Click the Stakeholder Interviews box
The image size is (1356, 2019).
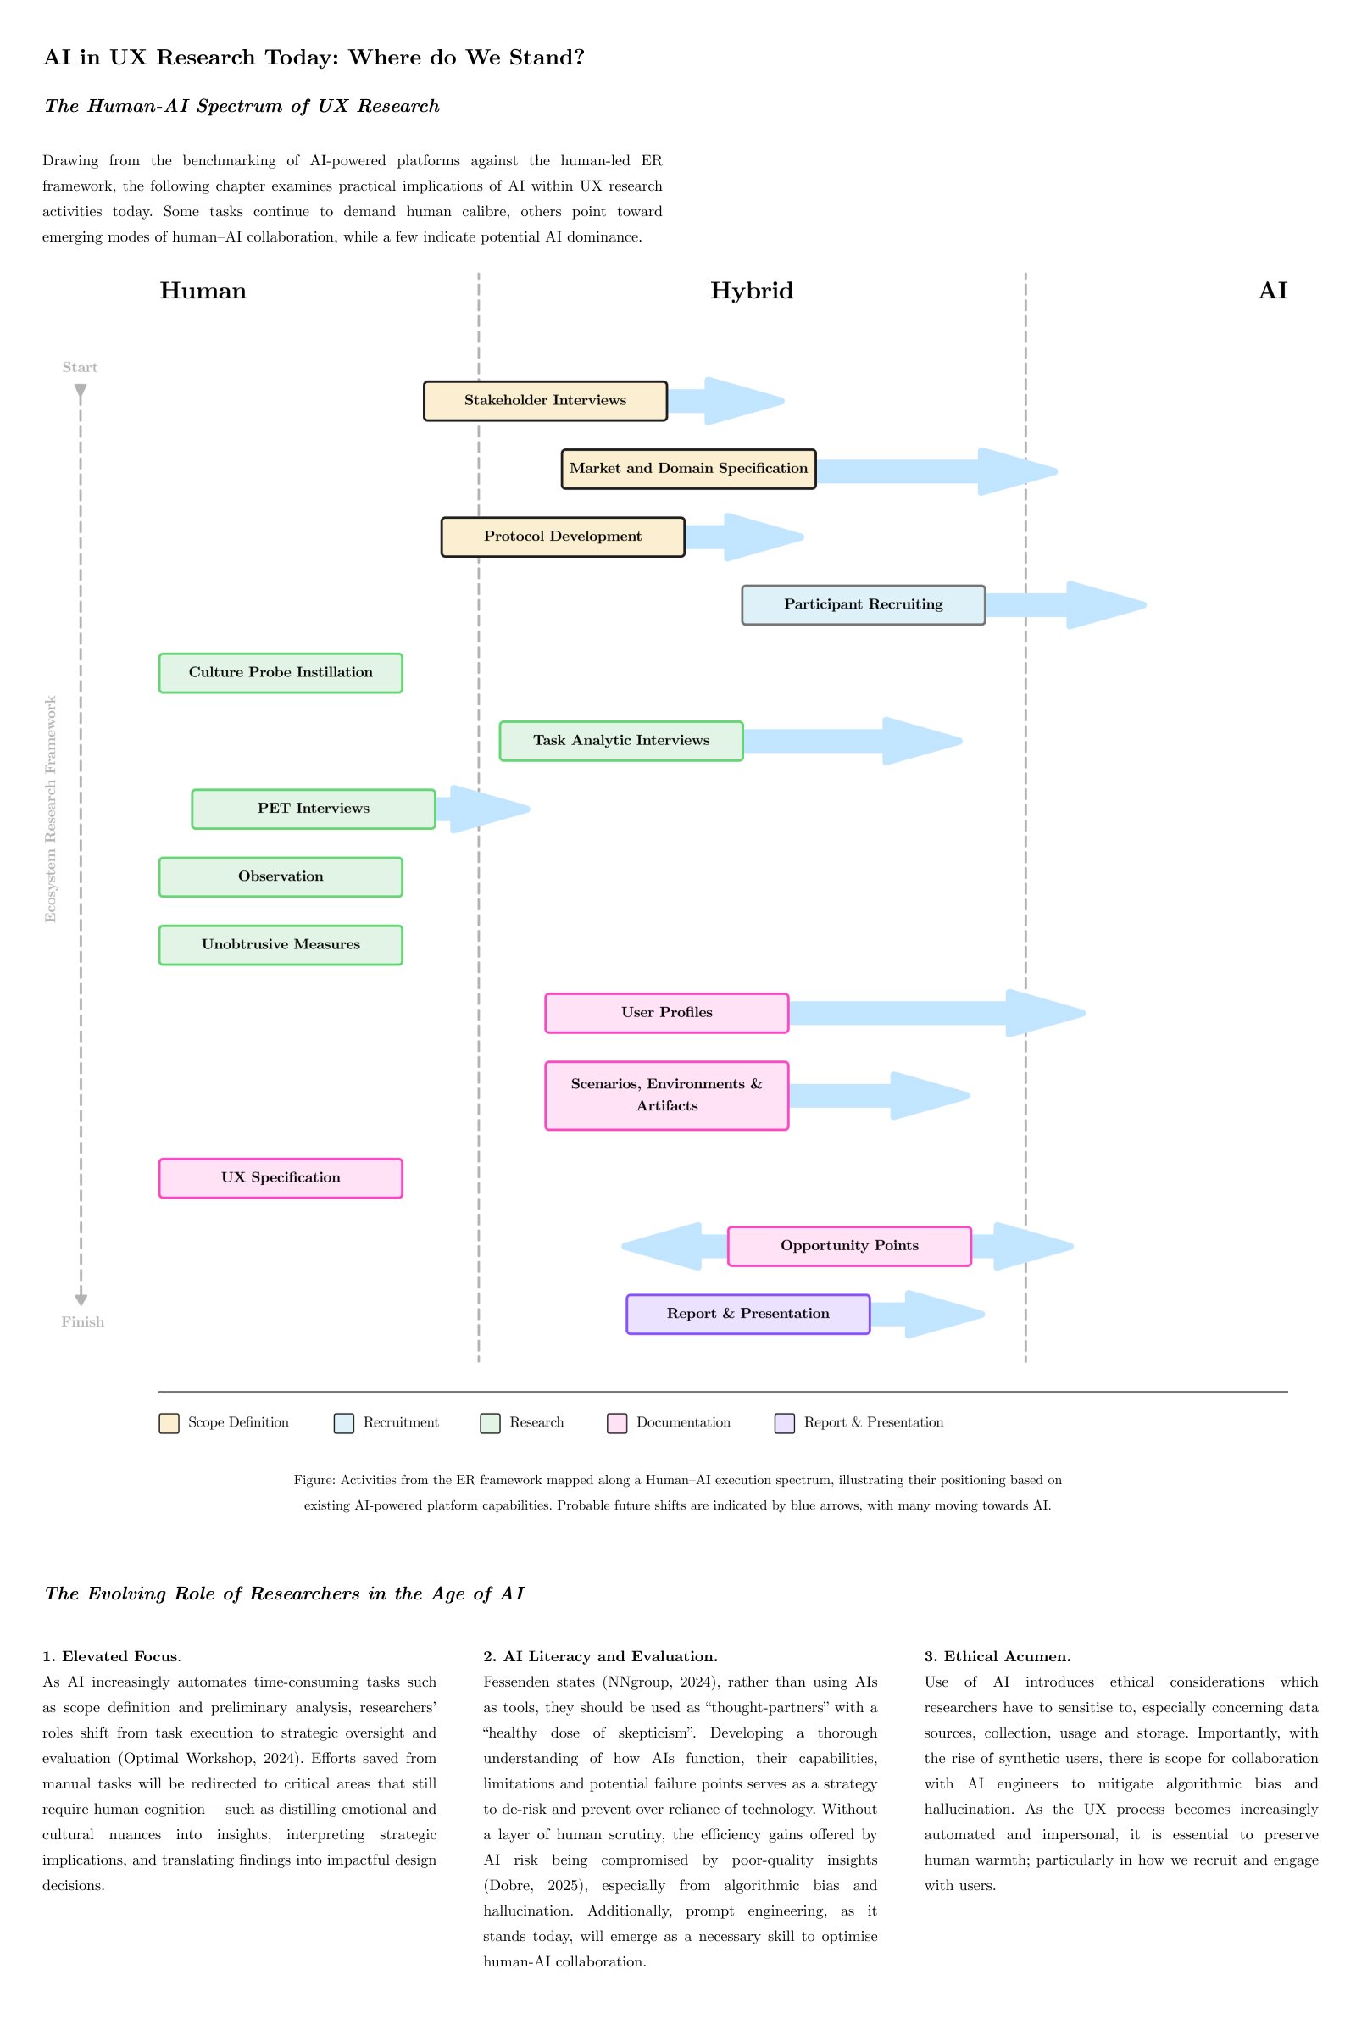point(545,401)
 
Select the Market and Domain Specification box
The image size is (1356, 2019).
point(688,469)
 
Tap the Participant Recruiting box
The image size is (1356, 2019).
point(863,605)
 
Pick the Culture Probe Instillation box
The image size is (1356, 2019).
point(281,673)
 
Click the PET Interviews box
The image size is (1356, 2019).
point(313,809)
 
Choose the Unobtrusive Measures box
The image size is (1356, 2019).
point(281,945)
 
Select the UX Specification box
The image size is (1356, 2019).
point(281,1178)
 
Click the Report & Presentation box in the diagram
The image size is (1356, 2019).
point(748,1315)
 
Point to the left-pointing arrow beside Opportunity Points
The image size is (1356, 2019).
point(675,1246)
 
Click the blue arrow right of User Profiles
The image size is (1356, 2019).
point(937,1014)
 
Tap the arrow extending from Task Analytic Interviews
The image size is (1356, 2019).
point(853,741)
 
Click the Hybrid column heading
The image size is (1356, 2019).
point(752,291)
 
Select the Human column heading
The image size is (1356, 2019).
point(203,291)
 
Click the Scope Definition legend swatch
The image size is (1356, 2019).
point(169,1423)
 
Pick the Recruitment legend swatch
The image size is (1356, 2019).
point(344,1423)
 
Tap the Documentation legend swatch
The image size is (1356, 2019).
point(617,1423)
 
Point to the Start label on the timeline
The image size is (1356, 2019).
point(80,368)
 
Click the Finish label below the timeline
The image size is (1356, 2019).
point(83,1322)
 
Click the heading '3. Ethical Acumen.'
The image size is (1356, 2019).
point(998,1656)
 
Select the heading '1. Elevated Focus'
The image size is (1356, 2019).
point(110,1656)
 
